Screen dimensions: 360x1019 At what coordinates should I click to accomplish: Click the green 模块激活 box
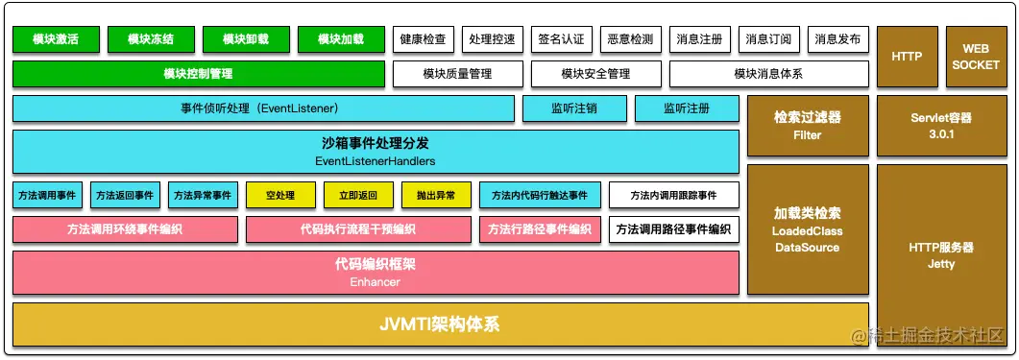pos(55,39)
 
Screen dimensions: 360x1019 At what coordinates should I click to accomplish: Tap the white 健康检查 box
pos(423,39)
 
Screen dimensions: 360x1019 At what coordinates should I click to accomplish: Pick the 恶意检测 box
pos(630,39)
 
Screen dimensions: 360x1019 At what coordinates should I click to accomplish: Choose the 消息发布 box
pos(837,39)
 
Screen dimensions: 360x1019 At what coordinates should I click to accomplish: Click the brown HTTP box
pos(907,57)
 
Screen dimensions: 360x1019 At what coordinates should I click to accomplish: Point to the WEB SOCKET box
pos(975,57)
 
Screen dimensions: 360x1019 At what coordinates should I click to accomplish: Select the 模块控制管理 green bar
pos(199,73)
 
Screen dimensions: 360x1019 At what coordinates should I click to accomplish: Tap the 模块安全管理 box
pos(595,73)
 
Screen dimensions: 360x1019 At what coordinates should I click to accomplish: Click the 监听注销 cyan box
pos(574,108)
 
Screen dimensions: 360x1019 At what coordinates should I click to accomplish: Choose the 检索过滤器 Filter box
pos(808,126)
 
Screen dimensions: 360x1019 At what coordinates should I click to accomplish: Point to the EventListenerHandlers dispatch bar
pos(376,152)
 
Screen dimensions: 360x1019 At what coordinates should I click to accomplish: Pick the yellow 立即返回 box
pos(358,195)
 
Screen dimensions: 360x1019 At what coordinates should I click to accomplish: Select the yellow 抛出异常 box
pos(436,195)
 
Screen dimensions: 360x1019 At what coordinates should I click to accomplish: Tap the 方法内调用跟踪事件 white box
pos(673,195)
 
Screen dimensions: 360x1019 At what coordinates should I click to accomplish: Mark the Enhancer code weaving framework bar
pos(376,273)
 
